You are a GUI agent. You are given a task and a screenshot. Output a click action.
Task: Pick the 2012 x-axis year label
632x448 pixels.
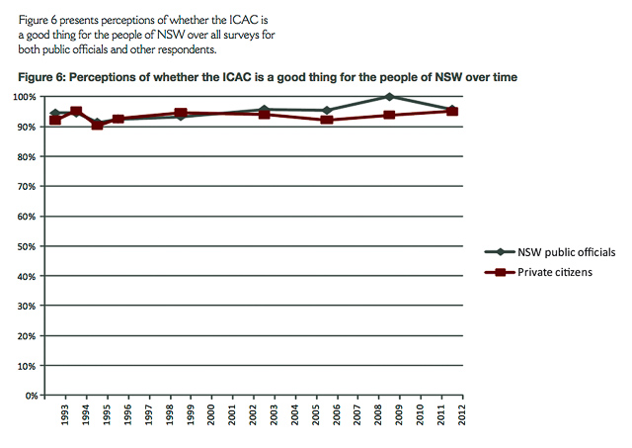click(461, 416)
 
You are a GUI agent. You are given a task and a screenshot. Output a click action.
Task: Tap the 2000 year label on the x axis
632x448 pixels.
click(208, 416)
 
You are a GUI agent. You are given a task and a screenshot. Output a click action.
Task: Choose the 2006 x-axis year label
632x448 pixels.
click(335, 416)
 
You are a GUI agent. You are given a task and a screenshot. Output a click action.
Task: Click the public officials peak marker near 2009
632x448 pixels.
click(389, 97)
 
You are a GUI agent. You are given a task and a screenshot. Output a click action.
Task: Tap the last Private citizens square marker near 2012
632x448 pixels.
click(452, 111)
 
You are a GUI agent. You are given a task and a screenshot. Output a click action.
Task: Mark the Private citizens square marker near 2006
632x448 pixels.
click(326, 120)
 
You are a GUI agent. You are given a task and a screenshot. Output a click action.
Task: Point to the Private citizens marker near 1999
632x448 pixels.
click(180, 113)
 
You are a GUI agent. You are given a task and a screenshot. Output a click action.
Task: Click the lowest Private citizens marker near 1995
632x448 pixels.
click(97, 125)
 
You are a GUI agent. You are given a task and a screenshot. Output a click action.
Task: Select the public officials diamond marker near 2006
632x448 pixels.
click(326, 110)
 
